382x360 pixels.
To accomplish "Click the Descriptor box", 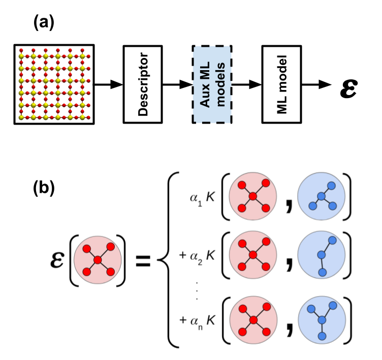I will pyautogui.click(x=143, y=84).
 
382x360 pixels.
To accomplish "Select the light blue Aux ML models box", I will pyautogui.click(x=212, y=84).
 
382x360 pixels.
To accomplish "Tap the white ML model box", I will pyautogui.click(x=281, y=84).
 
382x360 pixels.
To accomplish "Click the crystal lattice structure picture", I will pyautogui.click(x=54, y=84).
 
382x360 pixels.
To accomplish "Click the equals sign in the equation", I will pyautogui.click(x=142, y=261).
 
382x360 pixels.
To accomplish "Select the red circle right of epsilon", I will pyautogui.click(x=98, y=260).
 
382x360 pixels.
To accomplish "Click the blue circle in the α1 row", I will pyautogui.click(x=321, y=196).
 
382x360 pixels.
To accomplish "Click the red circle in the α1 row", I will pyautogui.click(x=253, y=196).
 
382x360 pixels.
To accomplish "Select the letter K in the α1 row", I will pyautogui.click(x=211, y=197).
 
